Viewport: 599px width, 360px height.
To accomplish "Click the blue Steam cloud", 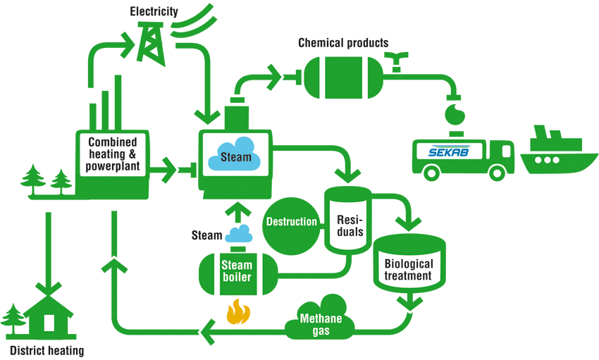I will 235,154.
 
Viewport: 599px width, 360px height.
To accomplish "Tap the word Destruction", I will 291,222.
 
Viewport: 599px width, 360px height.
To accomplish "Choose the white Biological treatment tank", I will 409,268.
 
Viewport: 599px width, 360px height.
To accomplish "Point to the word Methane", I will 321,318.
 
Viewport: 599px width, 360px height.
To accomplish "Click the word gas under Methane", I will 321,330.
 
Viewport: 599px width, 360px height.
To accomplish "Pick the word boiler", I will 237,277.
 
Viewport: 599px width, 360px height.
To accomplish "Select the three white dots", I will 547,160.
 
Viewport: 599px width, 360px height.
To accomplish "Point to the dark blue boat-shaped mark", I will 450,150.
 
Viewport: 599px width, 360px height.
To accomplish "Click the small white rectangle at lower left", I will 49,323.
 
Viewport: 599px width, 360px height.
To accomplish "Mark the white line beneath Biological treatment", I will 412,311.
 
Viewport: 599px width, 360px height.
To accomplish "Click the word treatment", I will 408,275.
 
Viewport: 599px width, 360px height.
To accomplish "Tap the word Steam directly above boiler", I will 237,266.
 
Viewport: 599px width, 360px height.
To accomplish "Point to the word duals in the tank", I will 350,232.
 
